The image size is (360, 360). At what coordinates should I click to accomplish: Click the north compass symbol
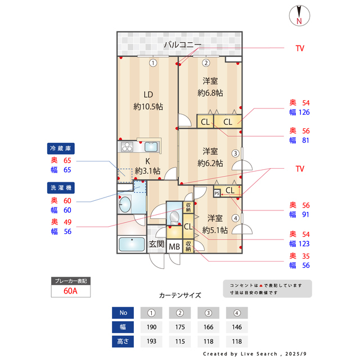click(299, 15)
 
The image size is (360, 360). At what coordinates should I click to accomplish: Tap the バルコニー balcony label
click(182, 44)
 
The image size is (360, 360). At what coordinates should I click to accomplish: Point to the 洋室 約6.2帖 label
click(210, 157)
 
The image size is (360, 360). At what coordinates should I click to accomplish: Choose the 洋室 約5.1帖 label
click(214, 224)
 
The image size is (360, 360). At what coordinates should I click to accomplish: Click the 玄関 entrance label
click(156, 245)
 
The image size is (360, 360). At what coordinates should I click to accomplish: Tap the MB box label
click(174, 245)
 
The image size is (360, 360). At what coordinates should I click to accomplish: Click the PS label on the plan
click(217, 192)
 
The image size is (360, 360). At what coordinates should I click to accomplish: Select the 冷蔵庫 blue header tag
click(61, 148)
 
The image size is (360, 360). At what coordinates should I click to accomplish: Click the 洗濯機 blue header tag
click(61, 187)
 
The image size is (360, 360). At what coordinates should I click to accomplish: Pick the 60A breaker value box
click(70, 291)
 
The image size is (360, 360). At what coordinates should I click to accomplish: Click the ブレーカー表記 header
click(70, 280)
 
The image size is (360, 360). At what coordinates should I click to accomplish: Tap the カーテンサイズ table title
click(180, 295)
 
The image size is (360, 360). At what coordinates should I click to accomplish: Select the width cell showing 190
click(151, 327)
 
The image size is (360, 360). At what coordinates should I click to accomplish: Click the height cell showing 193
click(151, 341)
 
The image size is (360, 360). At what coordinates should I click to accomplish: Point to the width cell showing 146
click(237, 327)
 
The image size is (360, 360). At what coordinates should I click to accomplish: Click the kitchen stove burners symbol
click(127, 147)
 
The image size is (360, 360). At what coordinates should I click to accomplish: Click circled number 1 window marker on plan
click(152, 63)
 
